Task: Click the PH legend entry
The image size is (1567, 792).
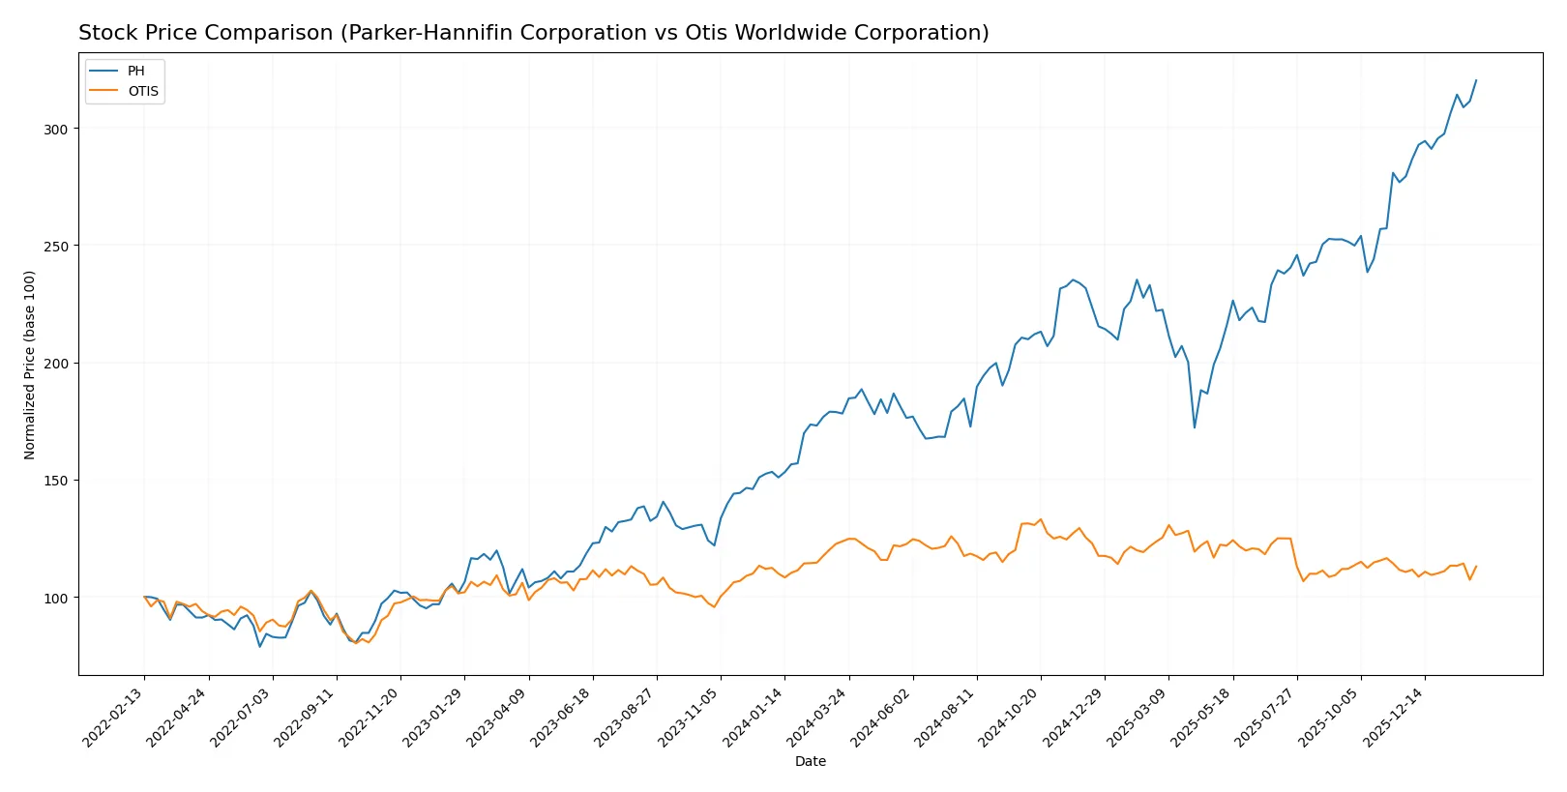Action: point(135,72)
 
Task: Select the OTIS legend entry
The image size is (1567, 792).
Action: point(142,91)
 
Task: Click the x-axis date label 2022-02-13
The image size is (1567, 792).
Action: point(114,717)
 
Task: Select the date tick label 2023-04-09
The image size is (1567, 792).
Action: point(498,717)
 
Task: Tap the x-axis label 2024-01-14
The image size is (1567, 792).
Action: point(754,717)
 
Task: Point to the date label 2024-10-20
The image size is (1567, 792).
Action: point(1011,717)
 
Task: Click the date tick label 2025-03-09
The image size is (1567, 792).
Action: point(1138,717)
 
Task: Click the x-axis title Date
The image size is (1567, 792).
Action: point(811,761)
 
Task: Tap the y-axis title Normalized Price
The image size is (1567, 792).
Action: point(30,365)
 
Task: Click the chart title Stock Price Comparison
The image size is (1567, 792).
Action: point(533,33)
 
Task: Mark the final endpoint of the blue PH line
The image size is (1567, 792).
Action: point(1476,80)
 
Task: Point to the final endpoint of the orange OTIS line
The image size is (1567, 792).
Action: point(1476,567)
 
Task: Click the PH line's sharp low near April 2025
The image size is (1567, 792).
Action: point(1195,427)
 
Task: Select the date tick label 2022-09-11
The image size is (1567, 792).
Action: point(306,717)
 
